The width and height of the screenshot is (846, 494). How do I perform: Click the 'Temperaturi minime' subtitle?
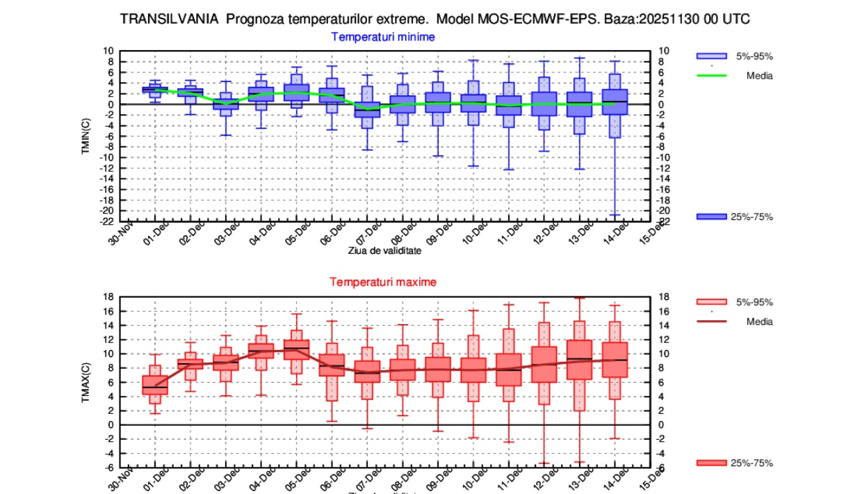(x=383, y=37)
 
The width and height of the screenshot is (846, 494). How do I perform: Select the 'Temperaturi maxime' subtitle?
(x=383, y=282)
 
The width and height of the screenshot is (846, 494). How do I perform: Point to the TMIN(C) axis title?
(x=86, y=136)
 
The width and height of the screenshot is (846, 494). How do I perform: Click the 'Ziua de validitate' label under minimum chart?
(x=384, y=251)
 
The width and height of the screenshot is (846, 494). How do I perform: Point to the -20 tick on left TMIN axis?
(x=108, y=211)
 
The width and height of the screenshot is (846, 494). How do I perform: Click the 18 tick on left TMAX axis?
(x=108, y=297)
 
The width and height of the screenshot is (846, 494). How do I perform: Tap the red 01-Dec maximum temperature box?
(x=155, y=385)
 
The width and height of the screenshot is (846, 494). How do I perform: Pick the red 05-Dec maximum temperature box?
(x=297, y=349)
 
